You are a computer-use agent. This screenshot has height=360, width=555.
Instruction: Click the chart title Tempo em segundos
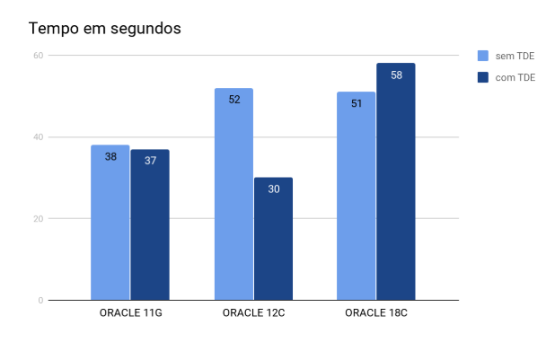tap(105, 29)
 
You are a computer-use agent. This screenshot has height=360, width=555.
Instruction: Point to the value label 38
tap(110, 156)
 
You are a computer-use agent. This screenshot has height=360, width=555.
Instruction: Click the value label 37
tap(150, 161)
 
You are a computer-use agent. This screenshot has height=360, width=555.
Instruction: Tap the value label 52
tap(234, 100)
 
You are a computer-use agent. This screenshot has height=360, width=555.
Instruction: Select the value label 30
tap(273, 189)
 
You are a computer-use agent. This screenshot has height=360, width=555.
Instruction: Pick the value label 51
tap(357, 103)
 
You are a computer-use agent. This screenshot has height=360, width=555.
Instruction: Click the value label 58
tap(396, 75)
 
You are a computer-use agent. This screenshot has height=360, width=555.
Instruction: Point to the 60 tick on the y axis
tap(38, 56)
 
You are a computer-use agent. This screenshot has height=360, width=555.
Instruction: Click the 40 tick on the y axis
tap(38, 137)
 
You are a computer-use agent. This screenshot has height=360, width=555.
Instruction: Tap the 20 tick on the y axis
tap(38, 219)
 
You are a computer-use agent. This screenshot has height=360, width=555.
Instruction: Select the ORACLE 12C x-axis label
tap(253, 313)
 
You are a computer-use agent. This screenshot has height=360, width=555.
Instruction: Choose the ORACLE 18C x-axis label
tap(376, 313)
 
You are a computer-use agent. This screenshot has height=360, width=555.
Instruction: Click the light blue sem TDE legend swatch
tap(482, 56)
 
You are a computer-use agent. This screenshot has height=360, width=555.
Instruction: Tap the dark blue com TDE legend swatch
tap(482, 77)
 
